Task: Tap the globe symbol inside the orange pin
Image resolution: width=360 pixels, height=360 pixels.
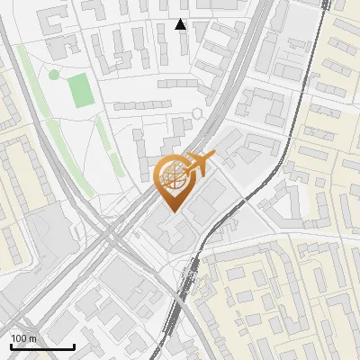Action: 172,177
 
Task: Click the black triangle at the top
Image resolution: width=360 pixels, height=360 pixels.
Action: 181,24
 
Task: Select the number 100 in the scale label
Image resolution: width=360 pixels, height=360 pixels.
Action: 19,337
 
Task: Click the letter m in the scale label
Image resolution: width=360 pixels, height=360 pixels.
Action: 32,337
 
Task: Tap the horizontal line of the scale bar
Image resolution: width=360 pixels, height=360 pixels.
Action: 42,347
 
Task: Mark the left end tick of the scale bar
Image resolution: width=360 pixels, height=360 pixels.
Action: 11,346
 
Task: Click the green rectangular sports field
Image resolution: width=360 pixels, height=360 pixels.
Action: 82,91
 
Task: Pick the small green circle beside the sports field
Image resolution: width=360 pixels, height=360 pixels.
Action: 54,73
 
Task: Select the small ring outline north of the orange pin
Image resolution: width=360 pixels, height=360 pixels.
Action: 198,113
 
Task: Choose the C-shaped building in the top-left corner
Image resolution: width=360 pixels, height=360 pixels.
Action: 56,20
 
